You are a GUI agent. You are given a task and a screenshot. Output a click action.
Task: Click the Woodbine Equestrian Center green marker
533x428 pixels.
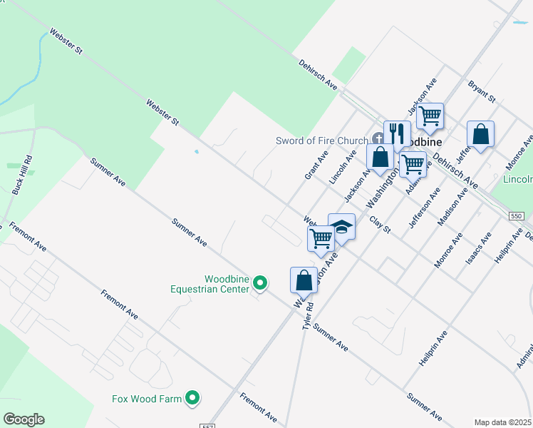(x=261, y=284)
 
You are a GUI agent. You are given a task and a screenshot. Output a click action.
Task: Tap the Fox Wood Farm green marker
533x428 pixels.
(x=192, y=399)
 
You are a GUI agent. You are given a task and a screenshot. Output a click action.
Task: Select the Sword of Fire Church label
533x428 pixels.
(x=321, y=141)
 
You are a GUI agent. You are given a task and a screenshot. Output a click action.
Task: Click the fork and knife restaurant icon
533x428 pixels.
(x=397, y=133)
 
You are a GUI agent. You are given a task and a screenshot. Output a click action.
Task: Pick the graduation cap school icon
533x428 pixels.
(x=341, y=227)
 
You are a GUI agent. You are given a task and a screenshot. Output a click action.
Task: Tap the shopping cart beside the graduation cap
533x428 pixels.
(x=321, y=238)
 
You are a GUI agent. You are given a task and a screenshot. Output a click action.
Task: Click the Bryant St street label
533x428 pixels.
(x=481, y=91)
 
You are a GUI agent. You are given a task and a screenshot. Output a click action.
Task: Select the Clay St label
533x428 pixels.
(x=381, y=225)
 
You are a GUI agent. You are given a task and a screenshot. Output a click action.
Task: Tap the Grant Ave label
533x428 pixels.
(x=316, y=165)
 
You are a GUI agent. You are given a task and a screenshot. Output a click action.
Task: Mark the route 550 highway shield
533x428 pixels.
(x=517, y=215)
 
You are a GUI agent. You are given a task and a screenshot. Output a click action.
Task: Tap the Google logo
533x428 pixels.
(x=24, y=419)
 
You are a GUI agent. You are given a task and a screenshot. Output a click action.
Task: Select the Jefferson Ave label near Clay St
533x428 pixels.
(x=420, y=208)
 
